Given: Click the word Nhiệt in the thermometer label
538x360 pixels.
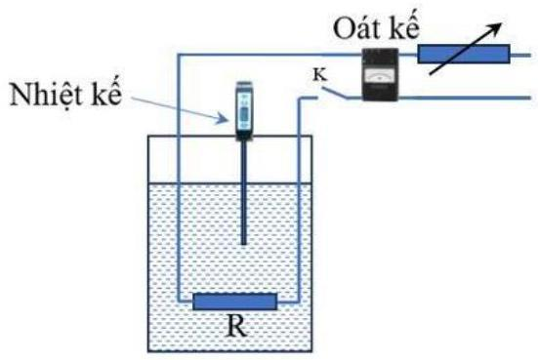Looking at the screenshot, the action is pos(47,94).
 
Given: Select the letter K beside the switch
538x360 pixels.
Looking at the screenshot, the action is pos(320,75).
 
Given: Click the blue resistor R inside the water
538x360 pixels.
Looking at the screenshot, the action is pos(234,301).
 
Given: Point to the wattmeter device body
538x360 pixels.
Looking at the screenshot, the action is pos(381,74).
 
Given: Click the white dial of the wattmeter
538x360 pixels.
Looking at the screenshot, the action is pos(380,76).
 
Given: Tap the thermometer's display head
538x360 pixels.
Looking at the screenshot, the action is pos(244,110).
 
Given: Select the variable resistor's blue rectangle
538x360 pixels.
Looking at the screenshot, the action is pos(464,54).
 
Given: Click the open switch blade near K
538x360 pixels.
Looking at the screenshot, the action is pos(335,93).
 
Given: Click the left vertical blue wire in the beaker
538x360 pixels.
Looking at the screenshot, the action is pos(179,178).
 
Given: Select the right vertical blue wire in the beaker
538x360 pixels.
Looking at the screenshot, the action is pos(299,200).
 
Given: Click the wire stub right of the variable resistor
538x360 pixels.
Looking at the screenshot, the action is pos(520,55).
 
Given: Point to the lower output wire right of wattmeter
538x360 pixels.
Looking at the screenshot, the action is pos(465,99).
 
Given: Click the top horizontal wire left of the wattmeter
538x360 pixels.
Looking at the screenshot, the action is pos(269,55).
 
